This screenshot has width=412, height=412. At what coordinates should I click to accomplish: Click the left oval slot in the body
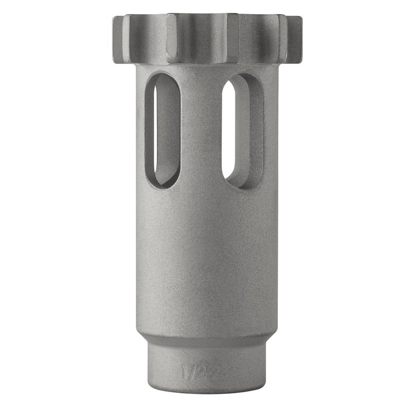[162, 130]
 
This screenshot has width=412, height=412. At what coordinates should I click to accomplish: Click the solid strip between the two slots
[201, 130]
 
